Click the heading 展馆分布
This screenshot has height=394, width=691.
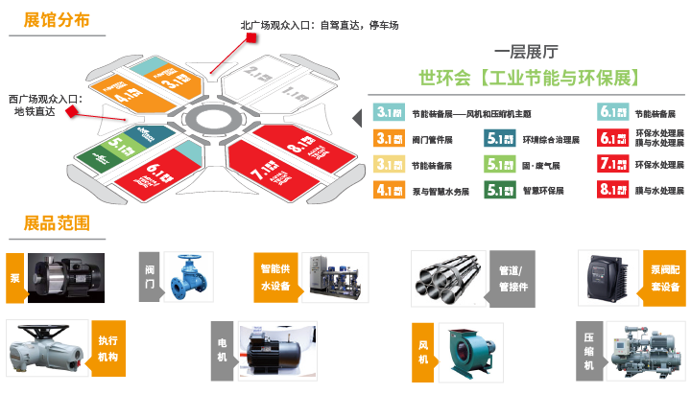click(51, 18)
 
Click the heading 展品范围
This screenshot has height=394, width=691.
click(51, 223)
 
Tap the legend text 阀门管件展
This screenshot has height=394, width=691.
click(434, 139)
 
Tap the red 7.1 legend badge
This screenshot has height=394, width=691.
click(613, 164)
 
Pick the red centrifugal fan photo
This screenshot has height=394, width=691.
click(470, 351)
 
